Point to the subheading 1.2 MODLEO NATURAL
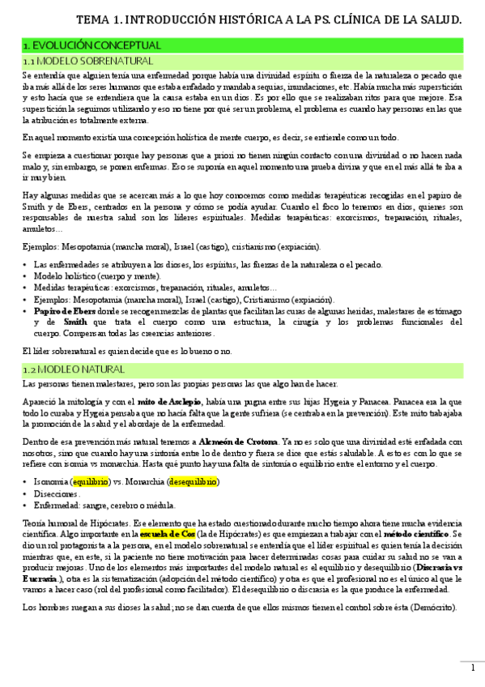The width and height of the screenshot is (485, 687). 73,369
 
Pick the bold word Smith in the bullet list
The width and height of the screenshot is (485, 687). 75,322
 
